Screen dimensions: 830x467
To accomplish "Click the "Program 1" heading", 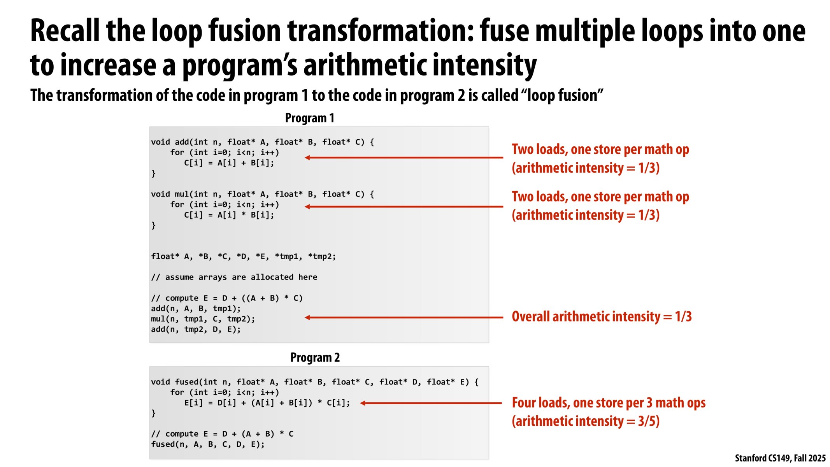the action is coord(309,118).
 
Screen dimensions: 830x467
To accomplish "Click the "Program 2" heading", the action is coord(315,357).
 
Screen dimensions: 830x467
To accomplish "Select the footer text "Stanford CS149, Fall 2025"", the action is coord(780,458).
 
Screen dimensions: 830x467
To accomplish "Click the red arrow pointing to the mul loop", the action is coord(404,207).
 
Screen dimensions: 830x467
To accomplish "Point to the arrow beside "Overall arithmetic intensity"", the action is coord(404,318).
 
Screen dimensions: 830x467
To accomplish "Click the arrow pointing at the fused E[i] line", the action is coord(431,403).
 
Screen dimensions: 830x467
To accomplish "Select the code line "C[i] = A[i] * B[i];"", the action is coord(229,215).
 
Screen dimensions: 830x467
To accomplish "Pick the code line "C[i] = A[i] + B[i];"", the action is coord(229,163).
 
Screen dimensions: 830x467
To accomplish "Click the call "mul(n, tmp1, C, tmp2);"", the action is coord(203,319).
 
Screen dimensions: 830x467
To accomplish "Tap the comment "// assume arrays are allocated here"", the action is coord(234,277).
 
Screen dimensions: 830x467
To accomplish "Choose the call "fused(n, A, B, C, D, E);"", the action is coord(208,444).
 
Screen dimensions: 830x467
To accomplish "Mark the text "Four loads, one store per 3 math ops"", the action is coord(609,403).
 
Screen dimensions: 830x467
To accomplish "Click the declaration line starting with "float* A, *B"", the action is coord(244,256).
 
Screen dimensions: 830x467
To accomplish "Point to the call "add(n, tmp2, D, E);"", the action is coord(196,330).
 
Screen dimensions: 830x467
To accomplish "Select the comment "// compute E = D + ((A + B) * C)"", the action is coord(227,298).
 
